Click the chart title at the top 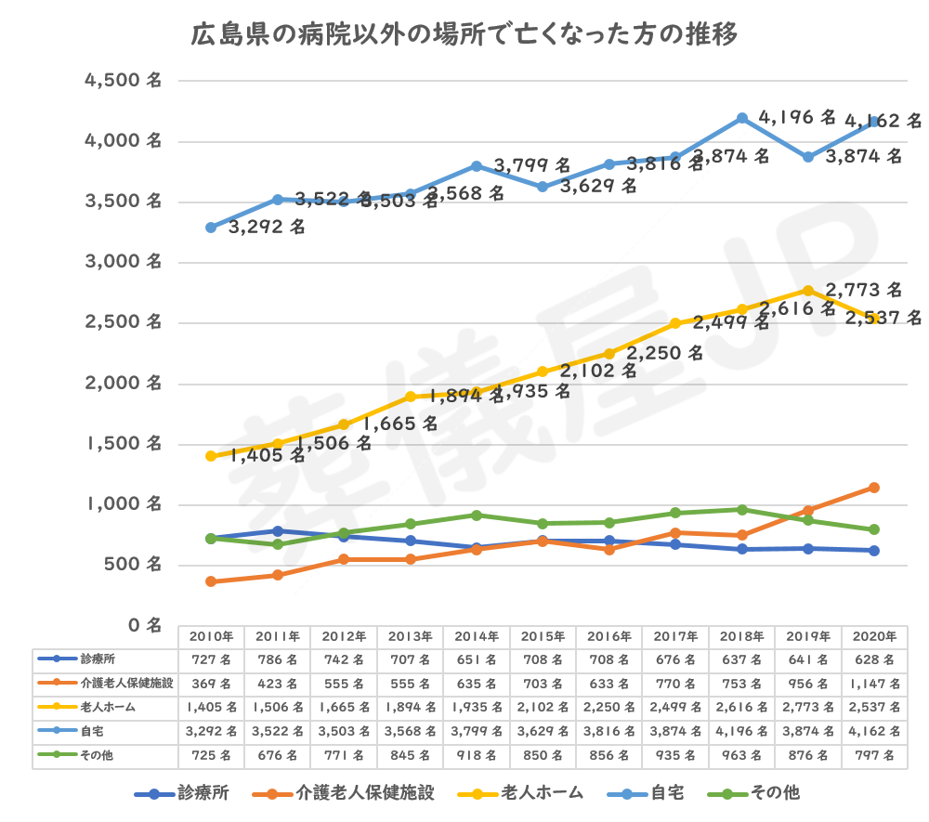(x=464, y=36)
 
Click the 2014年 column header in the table (x=477, y=637)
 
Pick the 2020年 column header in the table (x=874, y=637)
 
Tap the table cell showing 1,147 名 (x=874, y=685)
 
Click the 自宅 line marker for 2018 (x=741, y=118)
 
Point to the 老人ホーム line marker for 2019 (x=808, y=290)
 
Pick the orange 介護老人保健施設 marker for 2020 (x=874, y=488)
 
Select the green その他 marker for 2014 (x=477, y=515)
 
